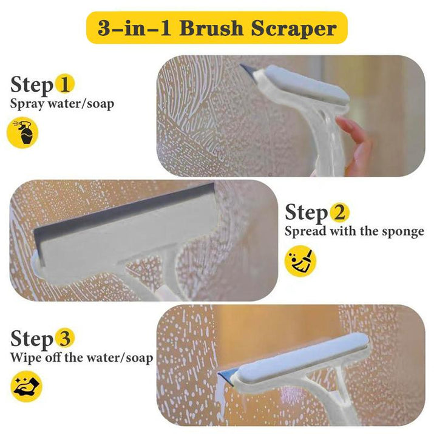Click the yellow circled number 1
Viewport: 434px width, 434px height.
65,84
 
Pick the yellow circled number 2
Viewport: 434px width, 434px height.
339,212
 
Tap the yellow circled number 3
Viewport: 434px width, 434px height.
65,337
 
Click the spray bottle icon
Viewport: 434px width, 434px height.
22,132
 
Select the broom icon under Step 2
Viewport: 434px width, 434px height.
300,261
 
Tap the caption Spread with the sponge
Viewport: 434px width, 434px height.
354,232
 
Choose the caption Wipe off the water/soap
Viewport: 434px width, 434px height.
81,357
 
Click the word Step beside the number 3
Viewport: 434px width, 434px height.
32,337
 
